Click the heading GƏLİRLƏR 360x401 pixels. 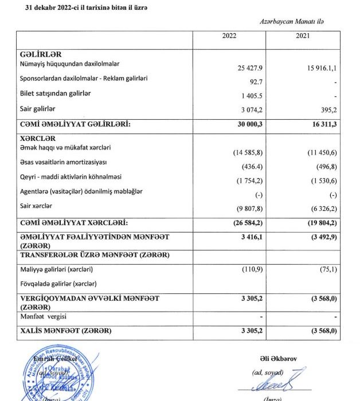(40, 54)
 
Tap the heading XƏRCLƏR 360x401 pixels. (38, 139)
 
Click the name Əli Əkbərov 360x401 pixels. (273, 359)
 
